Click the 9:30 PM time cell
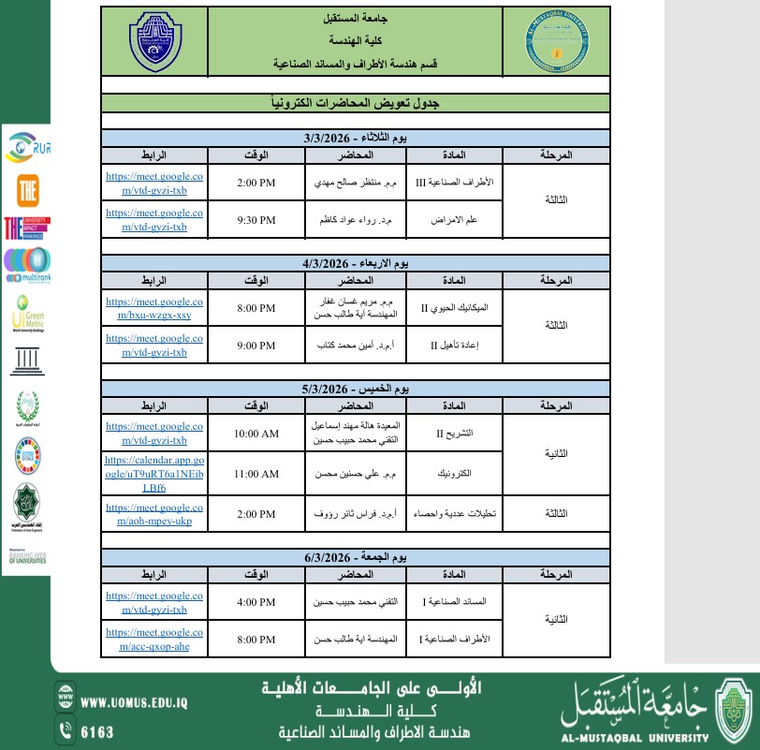(x=256, y=220)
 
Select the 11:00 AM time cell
(x=256, y=474)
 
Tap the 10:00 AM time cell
(x=256, y=434)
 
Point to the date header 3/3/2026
(x=356, y=138)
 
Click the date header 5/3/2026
(x=356, y=388)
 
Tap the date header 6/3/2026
(x=356, y=558)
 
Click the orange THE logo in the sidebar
(x=27, y=191)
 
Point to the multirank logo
(x=27, y=263)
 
